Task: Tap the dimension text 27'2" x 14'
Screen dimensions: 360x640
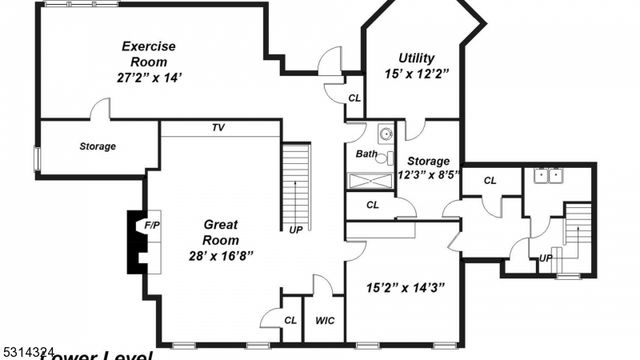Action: (x=149, y=76)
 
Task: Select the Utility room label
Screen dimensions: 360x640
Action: (x=416, y=58)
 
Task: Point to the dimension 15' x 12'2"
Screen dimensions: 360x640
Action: (x=416, y=73)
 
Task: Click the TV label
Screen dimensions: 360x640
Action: (x=217, y=128)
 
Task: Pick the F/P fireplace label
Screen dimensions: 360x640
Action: (x=152, y=226)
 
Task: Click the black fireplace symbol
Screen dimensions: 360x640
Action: (x=133, y=241)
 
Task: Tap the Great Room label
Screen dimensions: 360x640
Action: (x=220, y=232)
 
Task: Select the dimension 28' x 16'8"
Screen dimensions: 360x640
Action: (x=220, y=256)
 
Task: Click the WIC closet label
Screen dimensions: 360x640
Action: (x=324, y=321)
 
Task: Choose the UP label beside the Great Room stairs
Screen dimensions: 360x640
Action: (x=296, y=230)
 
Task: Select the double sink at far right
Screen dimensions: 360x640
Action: (x=547, y=177)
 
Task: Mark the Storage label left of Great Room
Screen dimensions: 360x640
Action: (x=98, y=147)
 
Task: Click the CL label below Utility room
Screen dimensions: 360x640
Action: (x=355, y=98)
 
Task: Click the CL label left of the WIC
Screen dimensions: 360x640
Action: (x=290, y=321)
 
